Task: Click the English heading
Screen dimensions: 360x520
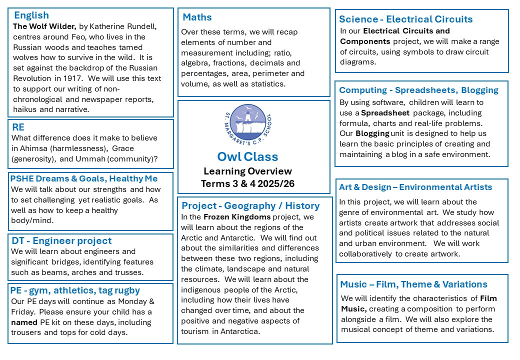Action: (31, 15)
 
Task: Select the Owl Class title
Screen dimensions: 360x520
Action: (248, 156)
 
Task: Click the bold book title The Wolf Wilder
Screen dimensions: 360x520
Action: (44, 26)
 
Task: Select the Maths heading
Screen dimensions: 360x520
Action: (197, 17)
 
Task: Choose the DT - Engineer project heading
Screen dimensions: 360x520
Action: (61, 240)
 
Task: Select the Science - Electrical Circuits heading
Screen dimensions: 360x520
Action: (405, 19)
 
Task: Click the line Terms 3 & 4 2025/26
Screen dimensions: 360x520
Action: (248, 183)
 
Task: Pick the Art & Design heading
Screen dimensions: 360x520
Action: (415, 187)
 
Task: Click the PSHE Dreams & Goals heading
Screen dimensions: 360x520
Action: (83, 178)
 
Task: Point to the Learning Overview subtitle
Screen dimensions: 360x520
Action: (248, 171)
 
